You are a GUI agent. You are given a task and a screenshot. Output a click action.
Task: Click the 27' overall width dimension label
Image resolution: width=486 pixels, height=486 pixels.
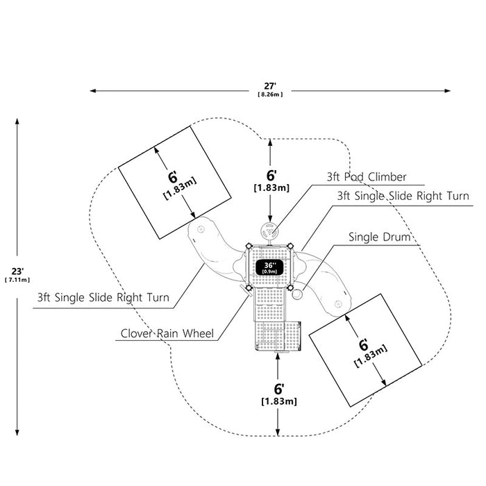[x=270, y=85]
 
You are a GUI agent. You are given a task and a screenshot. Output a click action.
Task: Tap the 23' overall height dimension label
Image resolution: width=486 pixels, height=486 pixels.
[x=17, y=271]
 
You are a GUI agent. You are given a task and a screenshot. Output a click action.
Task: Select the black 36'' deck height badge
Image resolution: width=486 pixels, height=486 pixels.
[x=269, y=267]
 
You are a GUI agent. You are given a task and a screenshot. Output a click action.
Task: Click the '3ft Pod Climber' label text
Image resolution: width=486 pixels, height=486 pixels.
[x=367, y=177]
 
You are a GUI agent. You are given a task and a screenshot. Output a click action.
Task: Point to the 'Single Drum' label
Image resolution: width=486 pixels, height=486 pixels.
[x=379, y=237]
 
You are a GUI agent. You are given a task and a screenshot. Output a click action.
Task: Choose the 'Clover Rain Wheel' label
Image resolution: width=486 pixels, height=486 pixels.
[x=167, y=333]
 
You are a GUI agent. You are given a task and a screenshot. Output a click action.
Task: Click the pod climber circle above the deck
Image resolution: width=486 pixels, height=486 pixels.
[x=270, y=231]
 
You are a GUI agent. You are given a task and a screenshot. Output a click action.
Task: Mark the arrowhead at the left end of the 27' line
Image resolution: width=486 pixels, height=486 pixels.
[x=92, y=91]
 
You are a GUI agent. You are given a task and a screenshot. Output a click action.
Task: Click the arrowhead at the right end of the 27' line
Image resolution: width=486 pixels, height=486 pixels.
[x=447, y=91]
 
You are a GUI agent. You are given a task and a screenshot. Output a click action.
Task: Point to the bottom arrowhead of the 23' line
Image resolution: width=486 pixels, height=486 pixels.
[x=17, y=433]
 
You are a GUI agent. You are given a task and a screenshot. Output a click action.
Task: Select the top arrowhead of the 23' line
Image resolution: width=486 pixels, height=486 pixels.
[x=17, y=121]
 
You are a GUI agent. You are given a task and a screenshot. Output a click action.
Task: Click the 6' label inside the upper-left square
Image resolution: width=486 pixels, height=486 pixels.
[x=173, y=177]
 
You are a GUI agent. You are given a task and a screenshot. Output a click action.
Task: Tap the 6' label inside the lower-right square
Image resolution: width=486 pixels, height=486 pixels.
[x=364, y=344]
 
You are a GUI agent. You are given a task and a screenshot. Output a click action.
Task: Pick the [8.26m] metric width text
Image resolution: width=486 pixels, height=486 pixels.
[x=270, y=94]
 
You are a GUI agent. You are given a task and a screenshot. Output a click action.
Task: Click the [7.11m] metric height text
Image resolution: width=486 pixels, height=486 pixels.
[x=17, y=280]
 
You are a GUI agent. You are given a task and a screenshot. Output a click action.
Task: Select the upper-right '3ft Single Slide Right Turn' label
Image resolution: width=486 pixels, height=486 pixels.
[x=403, y=196]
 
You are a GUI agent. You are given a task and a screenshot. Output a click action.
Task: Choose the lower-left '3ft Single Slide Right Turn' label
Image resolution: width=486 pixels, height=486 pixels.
[x=103, y=298]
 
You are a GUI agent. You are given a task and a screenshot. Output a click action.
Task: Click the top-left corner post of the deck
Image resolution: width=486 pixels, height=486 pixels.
[x=249, y=246]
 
